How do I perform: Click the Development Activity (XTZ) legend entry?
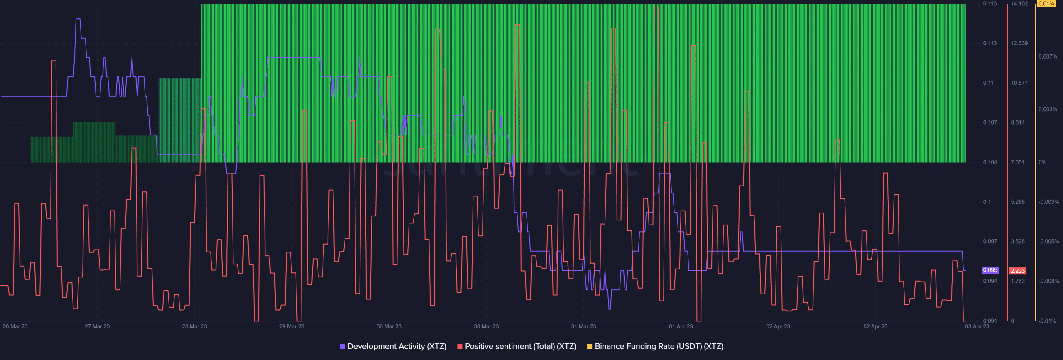393,346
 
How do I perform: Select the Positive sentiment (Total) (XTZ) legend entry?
517,346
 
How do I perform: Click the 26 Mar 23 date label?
15,326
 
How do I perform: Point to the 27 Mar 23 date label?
97,326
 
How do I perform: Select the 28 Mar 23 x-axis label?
194,326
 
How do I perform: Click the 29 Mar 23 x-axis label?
291,326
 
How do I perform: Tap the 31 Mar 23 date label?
583,326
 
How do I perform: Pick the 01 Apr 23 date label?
681,326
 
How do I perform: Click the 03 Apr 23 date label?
977,326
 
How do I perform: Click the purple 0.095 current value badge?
990,270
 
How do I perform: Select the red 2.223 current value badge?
1018,271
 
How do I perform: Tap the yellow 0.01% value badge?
1046,4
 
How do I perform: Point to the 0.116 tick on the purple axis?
990,4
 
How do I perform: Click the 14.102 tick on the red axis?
1019,4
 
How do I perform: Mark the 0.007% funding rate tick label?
1048,56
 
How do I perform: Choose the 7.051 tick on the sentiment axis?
1018,162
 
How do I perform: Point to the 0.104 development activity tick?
990,162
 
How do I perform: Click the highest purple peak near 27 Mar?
78,19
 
